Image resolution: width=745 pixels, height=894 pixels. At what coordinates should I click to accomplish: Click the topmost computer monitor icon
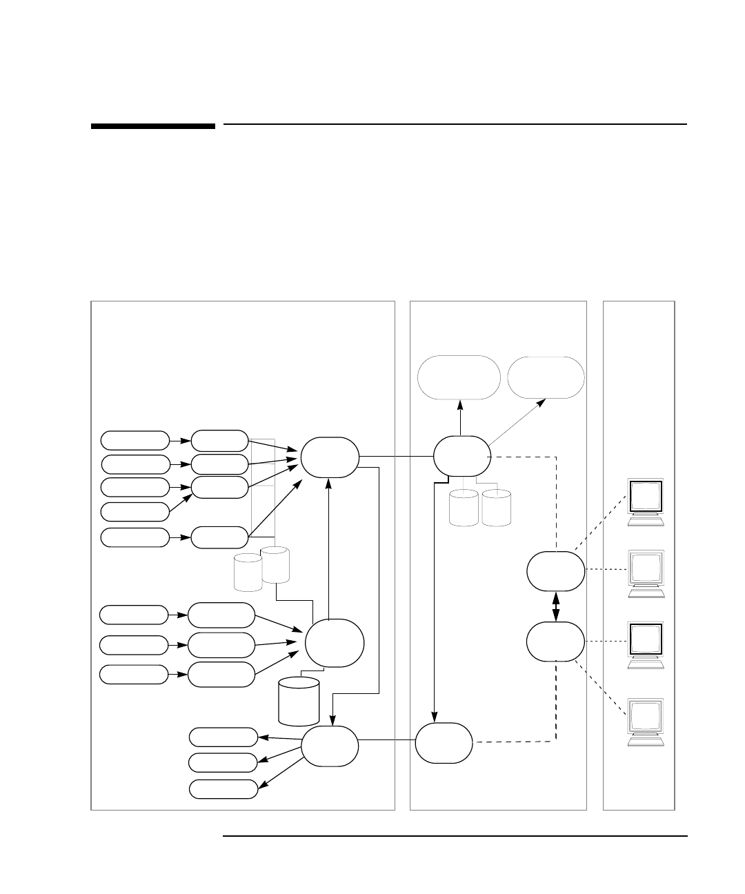[646, 501]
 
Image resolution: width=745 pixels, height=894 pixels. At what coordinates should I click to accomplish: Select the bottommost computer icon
[646, 722]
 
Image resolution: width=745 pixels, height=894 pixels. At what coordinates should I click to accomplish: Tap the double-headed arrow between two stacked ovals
[556, 606]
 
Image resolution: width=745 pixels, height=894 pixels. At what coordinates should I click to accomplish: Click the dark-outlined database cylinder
[299, 701]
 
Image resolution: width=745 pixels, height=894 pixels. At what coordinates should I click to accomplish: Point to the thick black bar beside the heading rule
[153, 126]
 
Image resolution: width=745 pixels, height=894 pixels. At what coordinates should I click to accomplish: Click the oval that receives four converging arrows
[330, 456]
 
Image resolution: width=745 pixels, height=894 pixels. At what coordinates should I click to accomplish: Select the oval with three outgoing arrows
[330, 746]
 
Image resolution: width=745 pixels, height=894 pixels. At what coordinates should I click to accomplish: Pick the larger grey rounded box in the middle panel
[459, 377]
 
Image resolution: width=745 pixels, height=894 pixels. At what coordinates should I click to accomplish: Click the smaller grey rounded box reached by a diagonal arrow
[546, 377]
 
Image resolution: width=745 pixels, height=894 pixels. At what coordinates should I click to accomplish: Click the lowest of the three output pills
[223, 789]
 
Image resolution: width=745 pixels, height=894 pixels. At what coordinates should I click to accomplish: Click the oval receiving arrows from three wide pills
[335, 643]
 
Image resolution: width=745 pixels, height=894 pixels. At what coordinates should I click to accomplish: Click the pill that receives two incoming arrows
[219, 487]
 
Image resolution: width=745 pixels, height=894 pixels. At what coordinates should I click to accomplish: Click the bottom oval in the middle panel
[444, 742]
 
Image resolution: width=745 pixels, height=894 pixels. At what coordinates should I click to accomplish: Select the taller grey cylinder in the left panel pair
[275, 564]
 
